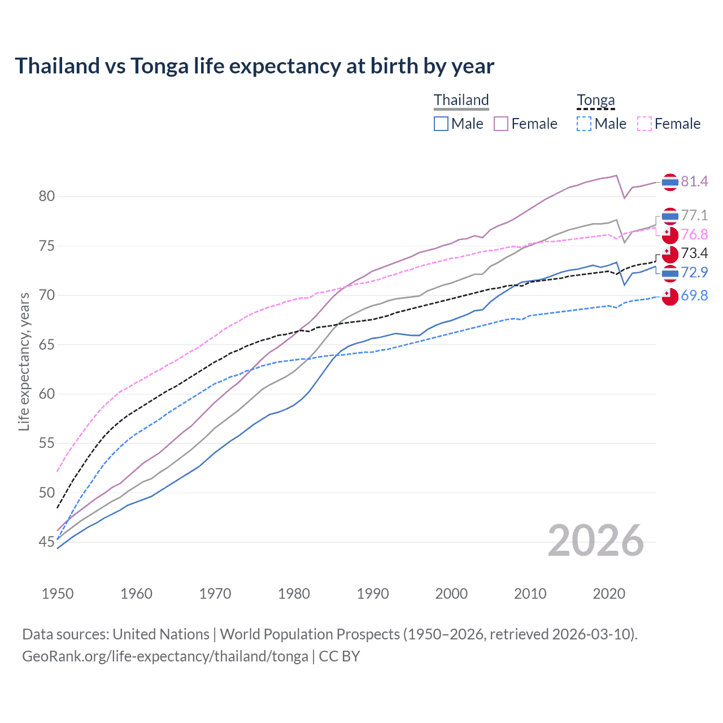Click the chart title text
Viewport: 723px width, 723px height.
[254, 66]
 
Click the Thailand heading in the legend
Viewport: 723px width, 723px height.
[461, 100]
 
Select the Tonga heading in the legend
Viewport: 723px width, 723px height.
[595, 100]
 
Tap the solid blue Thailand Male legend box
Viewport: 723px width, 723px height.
[441, 124]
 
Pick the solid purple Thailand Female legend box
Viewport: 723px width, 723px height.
[501, 124]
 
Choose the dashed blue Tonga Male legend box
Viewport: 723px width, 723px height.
[584, 124]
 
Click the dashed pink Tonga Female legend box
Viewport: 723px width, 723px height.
[644, 124]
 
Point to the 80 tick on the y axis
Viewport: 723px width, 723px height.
[47, 197]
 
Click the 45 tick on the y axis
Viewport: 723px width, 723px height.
[47, 542]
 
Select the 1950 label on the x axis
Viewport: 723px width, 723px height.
[58, 594]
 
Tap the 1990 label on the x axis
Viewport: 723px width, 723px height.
[373, 594]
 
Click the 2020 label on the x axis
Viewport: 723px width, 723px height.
[609, 594]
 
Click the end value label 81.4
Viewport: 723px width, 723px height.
[694, 181]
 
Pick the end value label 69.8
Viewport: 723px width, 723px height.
[694, 295]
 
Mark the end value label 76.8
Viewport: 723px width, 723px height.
[694, 234]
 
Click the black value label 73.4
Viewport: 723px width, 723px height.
[694, 253]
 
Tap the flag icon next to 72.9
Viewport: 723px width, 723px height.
[670, 273]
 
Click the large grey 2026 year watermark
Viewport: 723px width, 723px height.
[596, 541]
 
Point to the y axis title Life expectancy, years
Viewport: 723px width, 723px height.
[24, 361]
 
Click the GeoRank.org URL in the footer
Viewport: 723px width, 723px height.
[165, 656]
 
